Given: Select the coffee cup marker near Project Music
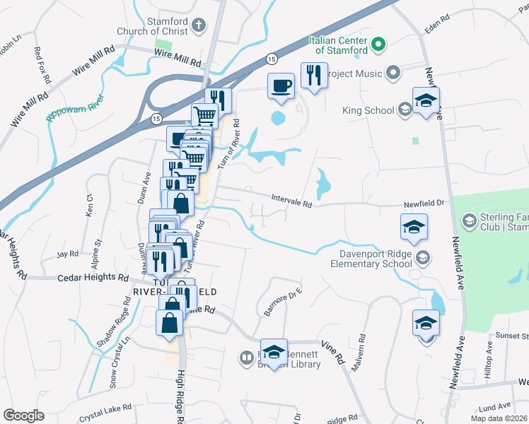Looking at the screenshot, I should (x=281, y=86).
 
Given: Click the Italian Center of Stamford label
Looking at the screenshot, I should (x=338, y=46).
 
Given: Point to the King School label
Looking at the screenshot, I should (x=367, y=110).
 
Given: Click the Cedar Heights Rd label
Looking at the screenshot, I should (x=92, y=278).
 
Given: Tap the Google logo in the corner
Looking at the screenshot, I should (x=23, y=416).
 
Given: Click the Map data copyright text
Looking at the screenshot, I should (x=499, y=418).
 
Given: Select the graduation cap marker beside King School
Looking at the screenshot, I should (x=426, y=100).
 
